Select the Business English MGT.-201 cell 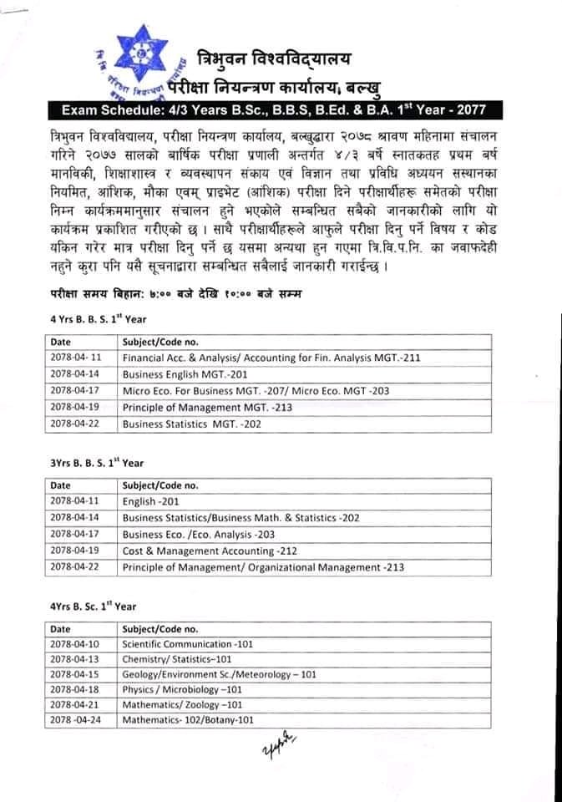pos(185,374)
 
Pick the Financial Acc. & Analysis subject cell pos(271,358)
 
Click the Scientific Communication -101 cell pos(187,644)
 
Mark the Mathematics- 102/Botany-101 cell pos(188,719)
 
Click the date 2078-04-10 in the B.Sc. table pos(74,644)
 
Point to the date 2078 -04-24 pos(75,719)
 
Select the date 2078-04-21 pos(74,704)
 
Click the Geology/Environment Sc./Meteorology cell pos(219,674)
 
